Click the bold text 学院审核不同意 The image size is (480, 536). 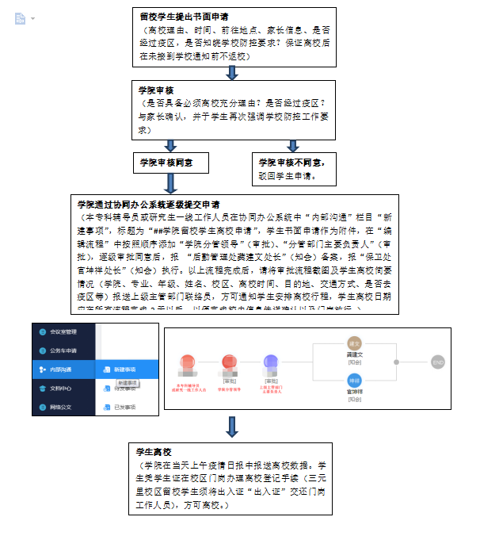291,162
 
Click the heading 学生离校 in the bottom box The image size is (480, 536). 155,450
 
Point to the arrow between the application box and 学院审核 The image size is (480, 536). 232,73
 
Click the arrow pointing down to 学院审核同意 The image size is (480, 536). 170,145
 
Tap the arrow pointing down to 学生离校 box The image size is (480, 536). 232,428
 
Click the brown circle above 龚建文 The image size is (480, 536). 355,343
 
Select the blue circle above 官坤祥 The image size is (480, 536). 355,380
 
